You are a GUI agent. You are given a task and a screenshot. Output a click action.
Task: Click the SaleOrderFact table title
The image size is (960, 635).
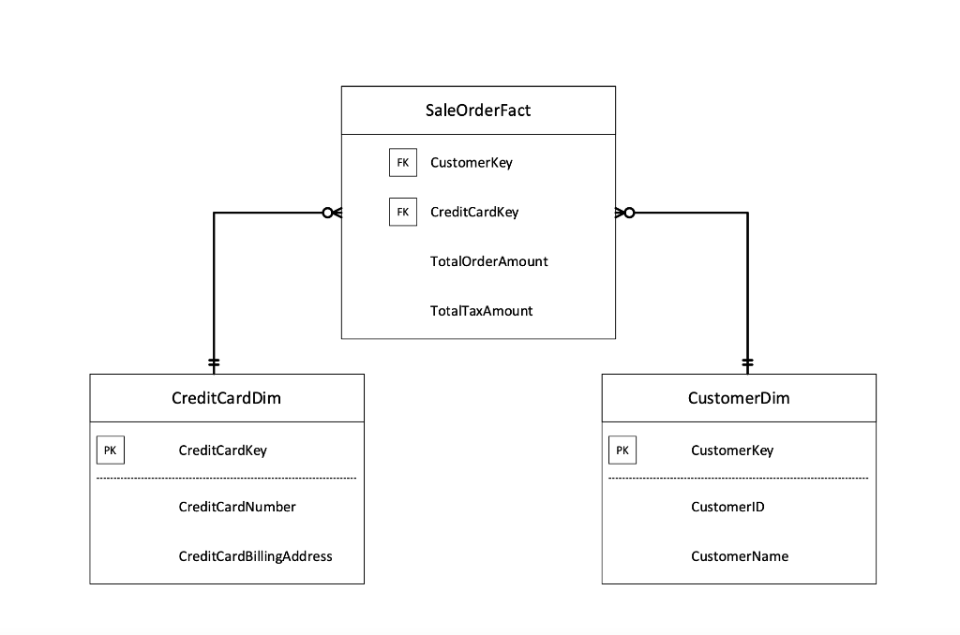478,111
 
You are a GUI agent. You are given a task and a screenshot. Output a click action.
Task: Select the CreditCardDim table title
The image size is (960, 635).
226,398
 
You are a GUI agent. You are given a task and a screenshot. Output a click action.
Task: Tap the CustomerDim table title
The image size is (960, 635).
739,398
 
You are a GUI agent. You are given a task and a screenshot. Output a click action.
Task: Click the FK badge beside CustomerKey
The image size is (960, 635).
402,162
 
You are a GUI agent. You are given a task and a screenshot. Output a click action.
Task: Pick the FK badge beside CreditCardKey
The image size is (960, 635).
402,212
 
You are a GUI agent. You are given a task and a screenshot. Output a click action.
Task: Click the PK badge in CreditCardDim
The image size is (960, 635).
110,450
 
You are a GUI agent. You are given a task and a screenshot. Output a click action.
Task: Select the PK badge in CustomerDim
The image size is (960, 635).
622,450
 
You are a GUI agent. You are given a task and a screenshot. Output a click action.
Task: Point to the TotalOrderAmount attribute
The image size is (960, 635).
488,261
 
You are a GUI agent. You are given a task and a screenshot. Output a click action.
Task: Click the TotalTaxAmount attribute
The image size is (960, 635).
481,311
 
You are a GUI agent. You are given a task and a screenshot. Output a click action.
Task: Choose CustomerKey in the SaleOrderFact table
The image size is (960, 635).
471,162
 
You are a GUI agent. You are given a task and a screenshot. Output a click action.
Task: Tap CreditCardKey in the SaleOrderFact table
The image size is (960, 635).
473,212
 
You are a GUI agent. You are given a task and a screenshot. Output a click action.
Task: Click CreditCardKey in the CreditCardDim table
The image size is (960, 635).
222,450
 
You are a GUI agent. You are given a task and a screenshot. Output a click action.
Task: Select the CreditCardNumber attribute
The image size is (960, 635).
236,507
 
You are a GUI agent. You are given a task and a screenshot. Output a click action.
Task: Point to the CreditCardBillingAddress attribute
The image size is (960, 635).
255,556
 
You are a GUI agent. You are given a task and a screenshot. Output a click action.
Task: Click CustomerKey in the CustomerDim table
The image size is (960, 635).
732,450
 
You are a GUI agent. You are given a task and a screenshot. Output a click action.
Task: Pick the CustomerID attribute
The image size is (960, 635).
727,507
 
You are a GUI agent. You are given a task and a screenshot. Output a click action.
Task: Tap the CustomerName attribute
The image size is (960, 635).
740,556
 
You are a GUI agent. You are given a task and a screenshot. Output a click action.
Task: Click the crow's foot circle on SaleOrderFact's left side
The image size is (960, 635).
326,213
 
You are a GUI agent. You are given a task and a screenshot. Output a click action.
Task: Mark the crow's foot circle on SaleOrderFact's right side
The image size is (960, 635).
629,213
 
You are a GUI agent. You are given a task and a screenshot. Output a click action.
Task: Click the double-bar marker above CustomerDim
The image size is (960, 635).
747,362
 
